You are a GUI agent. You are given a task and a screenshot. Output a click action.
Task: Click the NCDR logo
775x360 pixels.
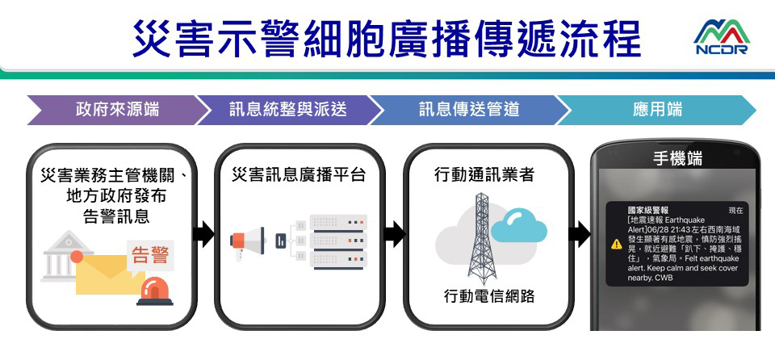[x=720, y=38]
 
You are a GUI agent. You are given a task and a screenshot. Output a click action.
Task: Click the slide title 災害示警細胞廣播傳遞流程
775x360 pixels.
[x=387, y=39]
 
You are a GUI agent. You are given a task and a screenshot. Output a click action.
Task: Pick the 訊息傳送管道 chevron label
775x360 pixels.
[x=468, y=109]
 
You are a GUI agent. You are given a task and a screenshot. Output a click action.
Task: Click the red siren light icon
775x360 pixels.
[x=154, y=291]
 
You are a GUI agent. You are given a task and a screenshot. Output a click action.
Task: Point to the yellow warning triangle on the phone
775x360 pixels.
[x=617, y=244]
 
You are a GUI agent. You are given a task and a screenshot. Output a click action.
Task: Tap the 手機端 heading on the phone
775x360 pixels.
[x=677, y=160]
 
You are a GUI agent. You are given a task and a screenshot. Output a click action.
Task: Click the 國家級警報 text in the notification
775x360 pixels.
[x=647, y=210]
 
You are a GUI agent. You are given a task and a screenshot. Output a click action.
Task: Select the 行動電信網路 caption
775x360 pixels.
[x=489, y=297]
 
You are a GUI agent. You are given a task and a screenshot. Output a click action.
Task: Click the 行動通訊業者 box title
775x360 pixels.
[x=484, y=174]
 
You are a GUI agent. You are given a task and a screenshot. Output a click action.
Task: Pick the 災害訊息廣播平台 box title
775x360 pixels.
[x=298, y=174]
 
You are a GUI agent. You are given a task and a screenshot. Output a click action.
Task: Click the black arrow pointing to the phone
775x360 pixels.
[x=578, y=235]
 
